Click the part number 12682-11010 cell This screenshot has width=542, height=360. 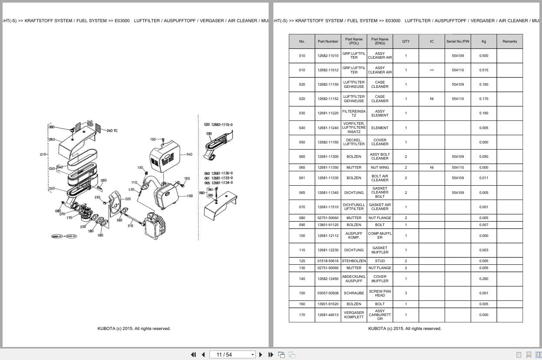pos(328,56)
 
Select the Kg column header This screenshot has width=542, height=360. pos(484,41)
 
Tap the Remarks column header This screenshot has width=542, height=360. pos(509,41)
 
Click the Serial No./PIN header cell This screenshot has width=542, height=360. pos(458,41)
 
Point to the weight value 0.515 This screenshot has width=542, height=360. pos(484,70)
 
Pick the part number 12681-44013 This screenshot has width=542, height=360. pos(328,315)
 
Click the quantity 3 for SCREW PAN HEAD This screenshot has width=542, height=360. pos(406,293)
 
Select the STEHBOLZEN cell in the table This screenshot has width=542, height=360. pos(354,261)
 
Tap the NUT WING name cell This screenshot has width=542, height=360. pos(379,167)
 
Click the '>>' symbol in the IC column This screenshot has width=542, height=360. pos(432,70)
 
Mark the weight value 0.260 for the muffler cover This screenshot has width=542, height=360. pos(484,279)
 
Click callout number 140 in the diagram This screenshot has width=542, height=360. pos(189,154)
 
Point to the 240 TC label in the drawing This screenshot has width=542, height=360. pos(112,130)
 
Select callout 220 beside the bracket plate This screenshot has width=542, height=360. pos(127,199)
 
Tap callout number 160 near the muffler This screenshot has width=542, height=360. pos(187,178)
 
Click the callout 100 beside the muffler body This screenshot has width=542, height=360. pos(190,196)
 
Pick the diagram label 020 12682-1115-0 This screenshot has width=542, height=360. pos(218,125)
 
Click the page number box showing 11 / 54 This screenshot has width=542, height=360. pos(232,354)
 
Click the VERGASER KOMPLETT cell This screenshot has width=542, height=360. pos(354,315)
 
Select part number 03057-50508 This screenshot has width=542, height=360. pos(328,293)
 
